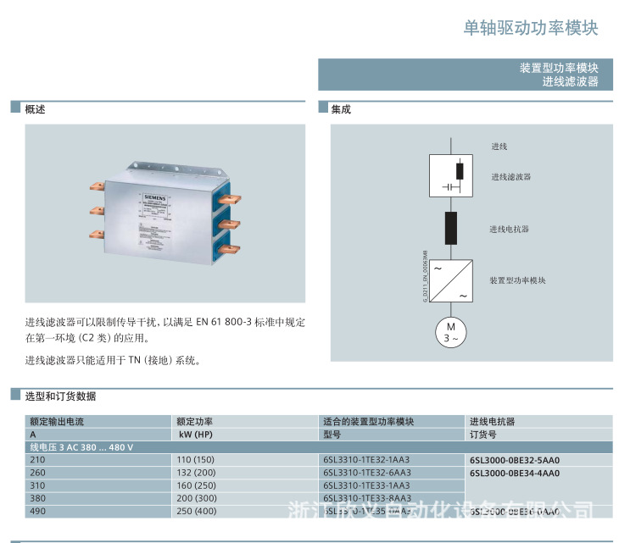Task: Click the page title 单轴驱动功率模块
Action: coord(531,28)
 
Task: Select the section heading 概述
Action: coord(36,109)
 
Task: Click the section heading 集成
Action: coord(341,109)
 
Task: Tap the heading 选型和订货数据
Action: coord(60,396)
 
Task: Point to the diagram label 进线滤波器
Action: coord(511,177)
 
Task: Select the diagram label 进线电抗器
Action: coord(509,229)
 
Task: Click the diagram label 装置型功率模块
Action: coord(517,280)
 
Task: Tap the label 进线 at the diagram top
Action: coord(499,147)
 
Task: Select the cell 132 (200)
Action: coord(196,473)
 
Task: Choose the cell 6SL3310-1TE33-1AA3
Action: coord(366,485)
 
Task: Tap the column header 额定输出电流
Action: coord(58,421)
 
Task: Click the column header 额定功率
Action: coord(195,421)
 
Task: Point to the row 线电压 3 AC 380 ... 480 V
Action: coord(82,446)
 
